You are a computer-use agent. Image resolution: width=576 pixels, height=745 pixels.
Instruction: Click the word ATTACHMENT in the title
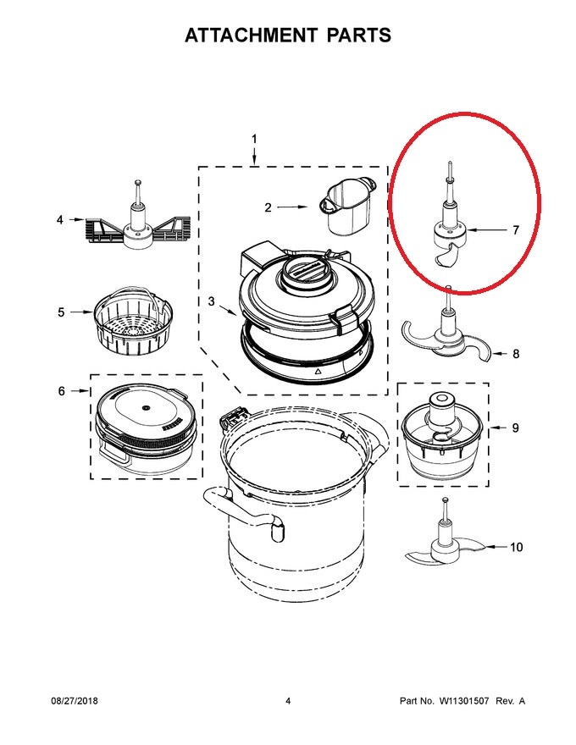point(251,36)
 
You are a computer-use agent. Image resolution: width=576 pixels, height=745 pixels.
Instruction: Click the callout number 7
point(516,230)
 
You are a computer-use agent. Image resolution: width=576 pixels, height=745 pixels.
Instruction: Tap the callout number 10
point(516,548)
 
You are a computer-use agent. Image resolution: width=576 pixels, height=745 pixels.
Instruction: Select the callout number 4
point(60,219)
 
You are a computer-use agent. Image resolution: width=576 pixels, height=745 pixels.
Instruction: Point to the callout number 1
point(254,139)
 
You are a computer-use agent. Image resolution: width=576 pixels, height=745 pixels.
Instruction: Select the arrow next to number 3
point(227,309)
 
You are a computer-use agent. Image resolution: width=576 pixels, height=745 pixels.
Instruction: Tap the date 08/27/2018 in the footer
point(75,701)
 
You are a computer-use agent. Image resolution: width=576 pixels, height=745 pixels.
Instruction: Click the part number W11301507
point(463,701)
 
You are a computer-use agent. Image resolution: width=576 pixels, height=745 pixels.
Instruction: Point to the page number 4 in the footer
point(288,701)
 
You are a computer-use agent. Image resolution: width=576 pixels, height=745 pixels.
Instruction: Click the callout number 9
point(516,428)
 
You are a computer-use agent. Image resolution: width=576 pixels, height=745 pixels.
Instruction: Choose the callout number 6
point(61,391)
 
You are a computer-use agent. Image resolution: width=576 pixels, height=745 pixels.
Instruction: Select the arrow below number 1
point(254,157)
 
